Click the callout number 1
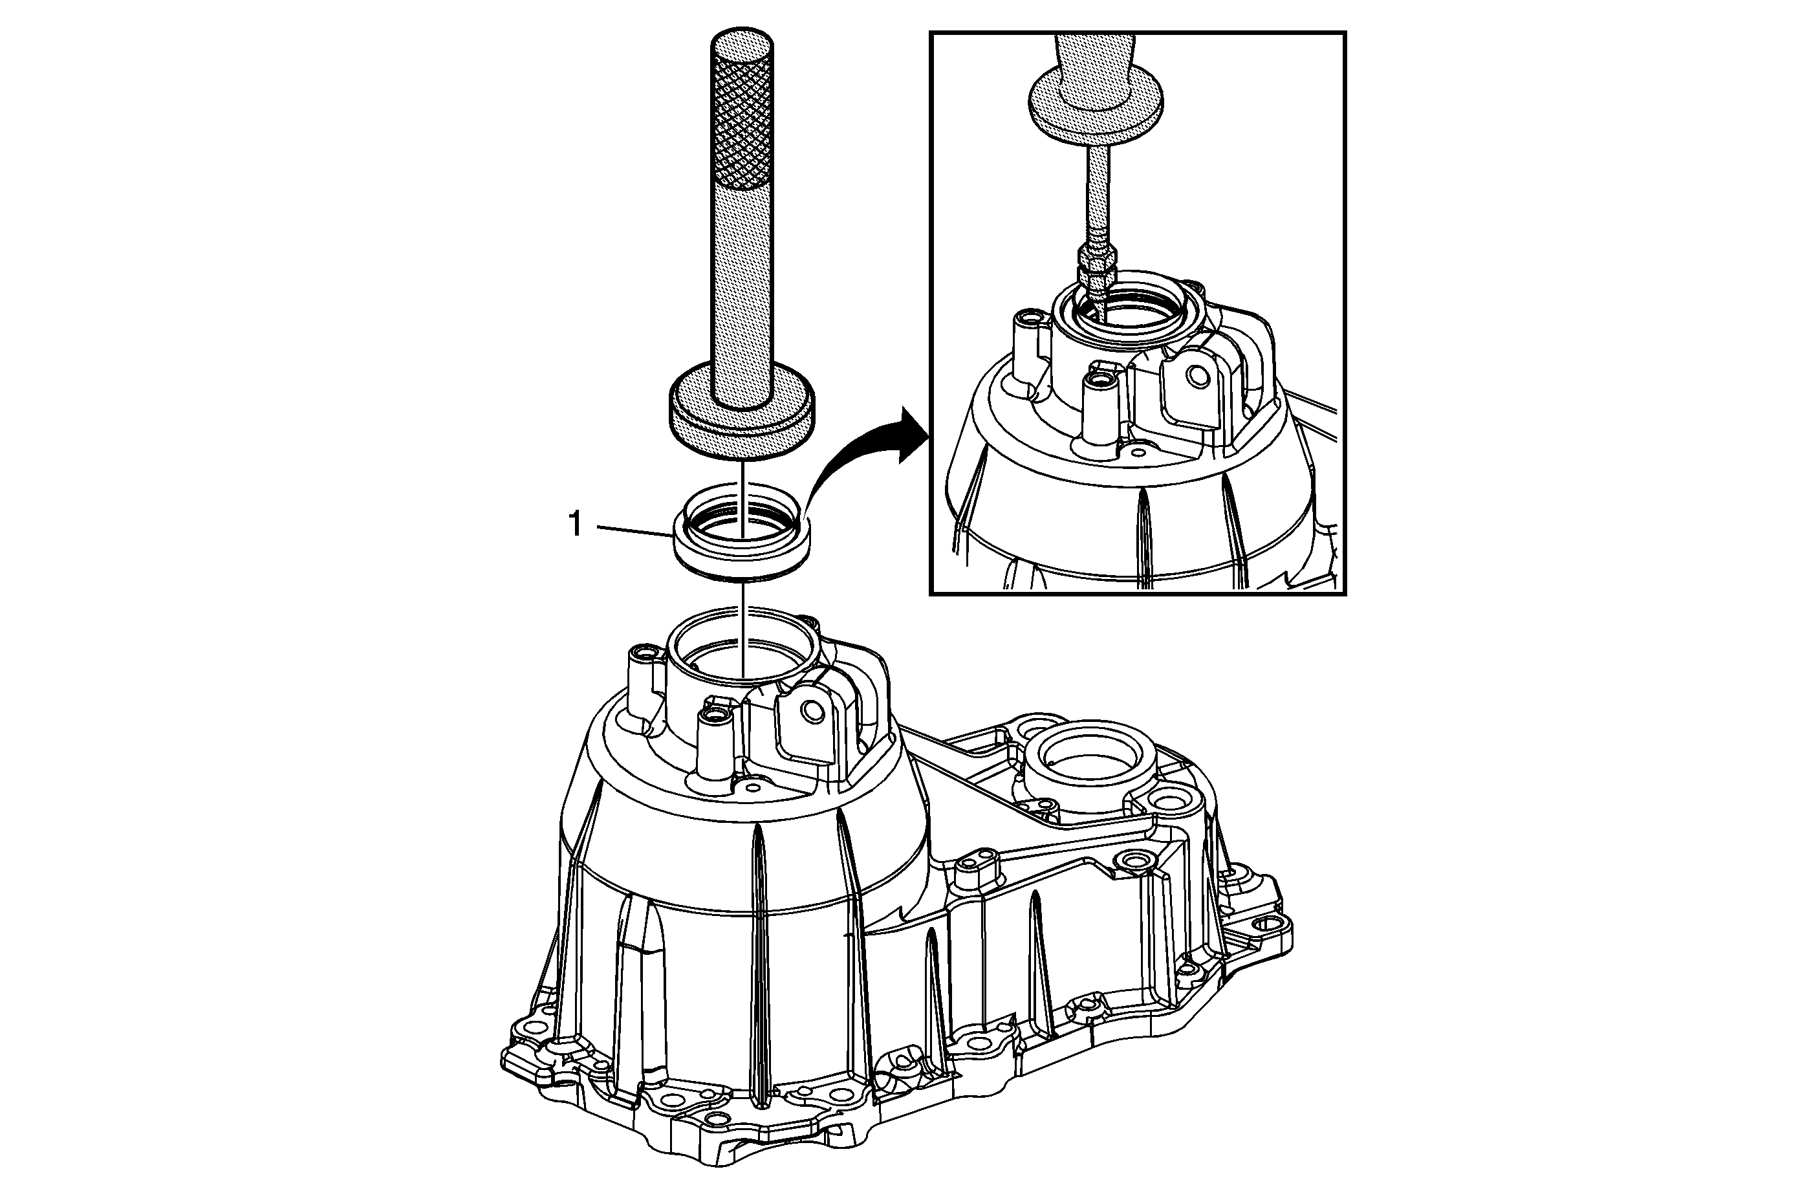(x=576, y=525)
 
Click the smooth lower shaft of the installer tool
(x=743, y=289)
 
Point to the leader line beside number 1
(x=633, y=531)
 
